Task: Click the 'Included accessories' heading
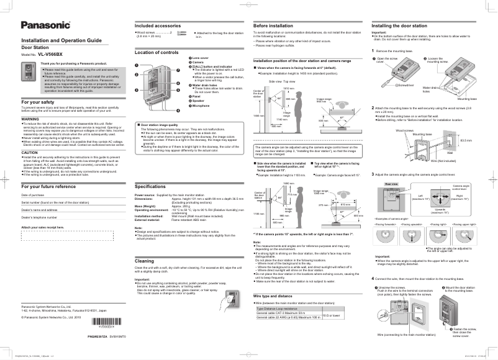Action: [158, 25]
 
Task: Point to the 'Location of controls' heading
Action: [157, 53]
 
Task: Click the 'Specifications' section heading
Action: [150, 186]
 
